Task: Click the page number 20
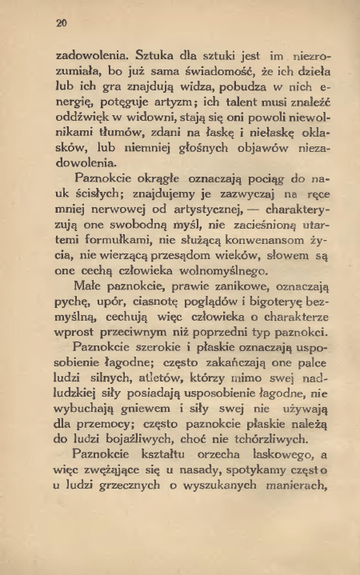point(61,25)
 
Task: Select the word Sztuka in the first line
point(145,56)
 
